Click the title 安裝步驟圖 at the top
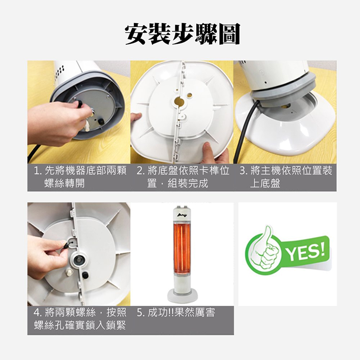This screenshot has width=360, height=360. click(x=182, y=34)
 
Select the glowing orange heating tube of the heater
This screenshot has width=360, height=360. click(x=182, y=248)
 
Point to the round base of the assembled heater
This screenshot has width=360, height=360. click(x=182, y=296)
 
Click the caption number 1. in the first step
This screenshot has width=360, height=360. click(x=38, y=171)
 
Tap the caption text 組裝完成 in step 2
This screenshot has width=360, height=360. click(x=188, y=183)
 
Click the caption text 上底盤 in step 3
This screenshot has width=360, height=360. click(x=265, y=183)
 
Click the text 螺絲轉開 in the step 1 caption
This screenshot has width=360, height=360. click(x=64, y=183)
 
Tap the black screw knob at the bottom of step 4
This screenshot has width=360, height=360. click(x=85, y=275)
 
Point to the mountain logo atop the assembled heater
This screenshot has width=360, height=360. click(x=182, y=215)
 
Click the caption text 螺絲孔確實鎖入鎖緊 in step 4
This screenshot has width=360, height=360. click(x=80, y=325)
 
